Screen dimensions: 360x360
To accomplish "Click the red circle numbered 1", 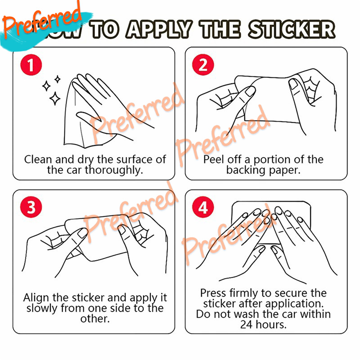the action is tap(31, 65).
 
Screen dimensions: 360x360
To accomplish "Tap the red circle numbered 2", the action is tap(203, 65).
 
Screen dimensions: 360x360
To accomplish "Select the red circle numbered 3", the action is tap(31, 207).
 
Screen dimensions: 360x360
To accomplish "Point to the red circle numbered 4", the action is tap(203, 207).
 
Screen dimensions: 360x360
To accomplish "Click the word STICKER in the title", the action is tap(292, 29).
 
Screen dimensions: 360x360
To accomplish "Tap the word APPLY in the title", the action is tap(159, 29).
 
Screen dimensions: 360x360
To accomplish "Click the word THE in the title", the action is tap(220, 29).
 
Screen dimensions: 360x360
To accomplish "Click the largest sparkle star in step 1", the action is tap(55, 99).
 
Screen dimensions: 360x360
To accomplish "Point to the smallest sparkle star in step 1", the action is tap(58, 79).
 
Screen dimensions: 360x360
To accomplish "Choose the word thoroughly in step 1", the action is tap(114, 171).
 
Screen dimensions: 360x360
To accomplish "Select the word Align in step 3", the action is tap(37, 298).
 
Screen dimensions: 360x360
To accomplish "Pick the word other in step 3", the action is tap(95, 319).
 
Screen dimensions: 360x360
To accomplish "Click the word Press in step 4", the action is tap(213, 293).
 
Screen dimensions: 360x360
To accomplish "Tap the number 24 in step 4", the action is tap(246, 324).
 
